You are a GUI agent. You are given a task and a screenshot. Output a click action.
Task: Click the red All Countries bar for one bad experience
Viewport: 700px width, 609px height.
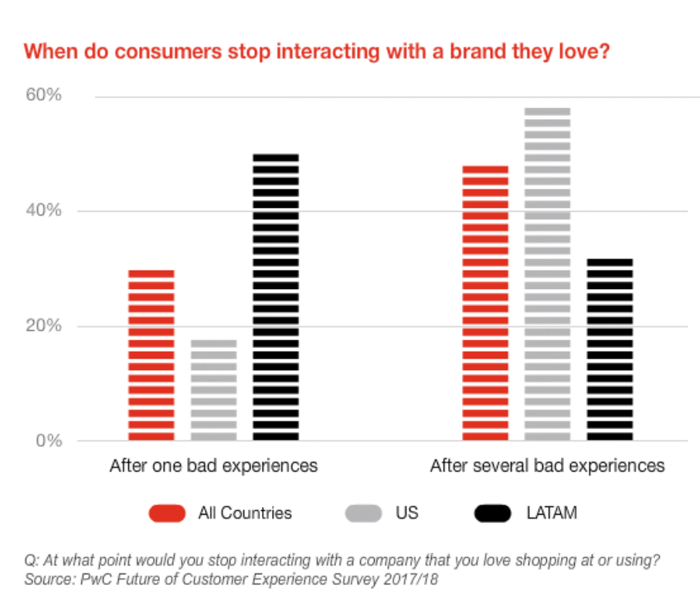click(x=151, y=356)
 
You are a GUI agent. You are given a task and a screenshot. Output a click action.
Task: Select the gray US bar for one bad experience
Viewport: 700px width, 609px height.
click(x=213, y=390)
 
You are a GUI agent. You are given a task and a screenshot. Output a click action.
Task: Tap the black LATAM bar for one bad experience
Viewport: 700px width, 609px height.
click(x=276, y=298)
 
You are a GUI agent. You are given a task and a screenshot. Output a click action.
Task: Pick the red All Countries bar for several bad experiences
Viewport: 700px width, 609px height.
click(x=485, y=303)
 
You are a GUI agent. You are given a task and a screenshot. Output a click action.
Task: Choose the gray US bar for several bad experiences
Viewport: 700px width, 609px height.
click(x=548, y=274)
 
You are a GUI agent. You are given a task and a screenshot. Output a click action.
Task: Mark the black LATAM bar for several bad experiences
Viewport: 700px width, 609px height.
click(x=610, y=349)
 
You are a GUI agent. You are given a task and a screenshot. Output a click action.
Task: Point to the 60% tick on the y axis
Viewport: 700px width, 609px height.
click(x=44, y=96)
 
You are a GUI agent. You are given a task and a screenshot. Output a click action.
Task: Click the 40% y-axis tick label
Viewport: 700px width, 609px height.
click(x=44, y=211)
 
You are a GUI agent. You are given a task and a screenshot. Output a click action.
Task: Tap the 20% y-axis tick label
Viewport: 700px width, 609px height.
click(x=44, y=326)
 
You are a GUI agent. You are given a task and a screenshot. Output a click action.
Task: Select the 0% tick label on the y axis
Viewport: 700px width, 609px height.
click(x=49, y=441)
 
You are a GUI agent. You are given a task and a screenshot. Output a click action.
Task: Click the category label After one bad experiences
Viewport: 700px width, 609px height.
click(x=213, y=466)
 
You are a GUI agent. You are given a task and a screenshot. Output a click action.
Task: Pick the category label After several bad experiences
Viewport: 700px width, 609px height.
click(x=547, y=466)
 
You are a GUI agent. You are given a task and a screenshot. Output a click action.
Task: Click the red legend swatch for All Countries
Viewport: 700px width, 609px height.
click(x=166, y=512)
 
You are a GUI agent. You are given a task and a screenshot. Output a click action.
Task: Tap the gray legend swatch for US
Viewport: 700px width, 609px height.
click(x=360, y=512)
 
